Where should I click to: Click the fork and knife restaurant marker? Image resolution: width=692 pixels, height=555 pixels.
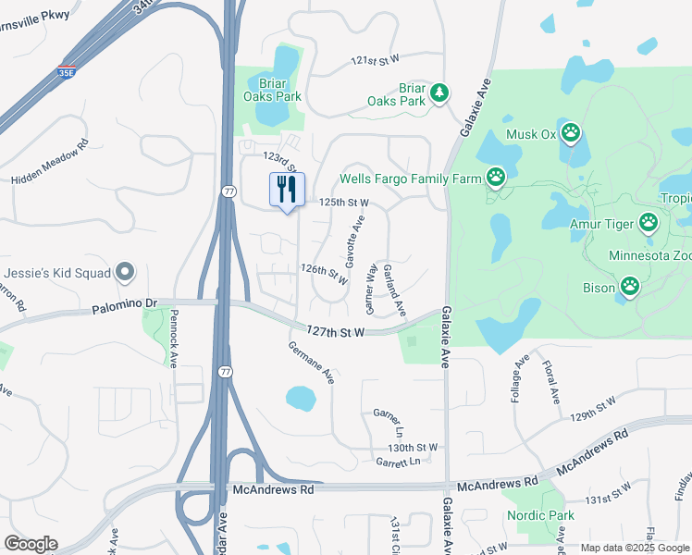[287, 190]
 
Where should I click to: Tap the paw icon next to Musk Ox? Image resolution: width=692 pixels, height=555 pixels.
[571, 134]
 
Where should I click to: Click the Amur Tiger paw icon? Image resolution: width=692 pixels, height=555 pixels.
[649, 222]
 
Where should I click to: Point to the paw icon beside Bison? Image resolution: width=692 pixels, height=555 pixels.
[630, 287]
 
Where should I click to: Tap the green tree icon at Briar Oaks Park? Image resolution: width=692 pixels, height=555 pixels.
[439, 93]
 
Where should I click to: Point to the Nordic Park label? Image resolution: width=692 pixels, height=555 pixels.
[540, 515]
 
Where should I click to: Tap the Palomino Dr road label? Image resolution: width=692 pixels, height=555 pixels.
[126, 303]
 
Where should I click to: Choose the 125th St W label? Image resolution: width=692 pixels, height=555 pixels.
[343, 203]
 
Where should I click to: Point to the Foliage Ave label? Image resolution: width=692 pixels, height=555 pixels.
[520, 376]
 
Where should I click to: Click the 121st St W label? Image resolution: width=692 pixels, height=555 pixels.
[375, 59]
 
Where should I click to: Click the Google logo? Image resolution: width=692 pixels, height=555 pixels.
[31, 544]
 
